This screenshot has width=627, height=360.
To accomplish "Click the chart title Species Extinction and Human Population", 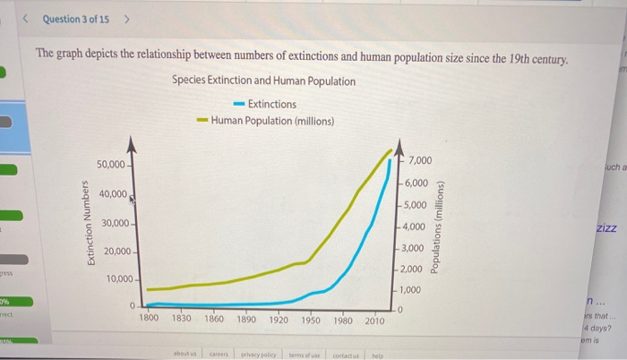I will click(263, 81).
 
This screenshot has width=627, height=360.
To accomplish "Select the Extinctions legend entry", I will click(265, 104).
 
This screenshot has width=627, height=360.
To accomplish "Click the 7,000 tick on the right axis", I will click(420, 161).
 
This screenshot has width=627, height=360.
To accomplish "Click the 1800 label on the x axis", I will click(149, 319).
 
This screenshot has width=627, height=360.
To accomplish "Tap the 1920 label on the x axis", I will click(279, 319).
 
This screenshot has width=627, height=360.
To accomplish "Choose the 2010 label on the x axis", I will click(375, 319).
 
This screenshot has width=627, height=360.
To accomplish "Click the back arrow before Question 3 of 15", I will click(27, 19).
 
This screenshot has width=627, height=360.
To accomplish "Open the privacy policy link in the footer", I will click(257, 355).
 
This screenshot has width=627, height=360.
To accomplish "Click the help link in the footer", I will click(376, 355).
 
